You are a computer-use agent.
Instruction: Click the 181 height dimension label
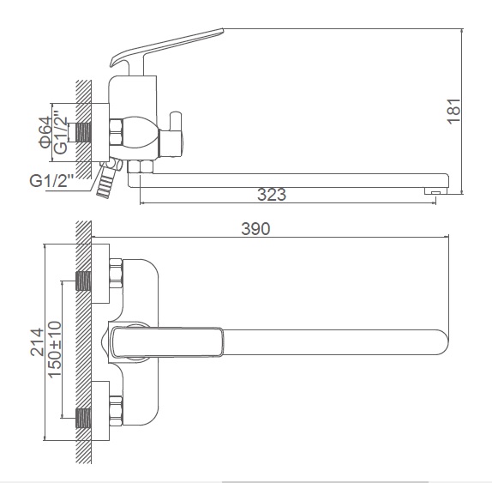pyautogui.click(x=454, y=112)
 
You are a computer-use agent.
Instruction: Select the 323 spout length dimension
pyautogui.click(x=272, y=195)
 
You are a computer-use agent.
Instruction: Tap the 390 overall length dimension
pyautogui.click(x=255, y=228)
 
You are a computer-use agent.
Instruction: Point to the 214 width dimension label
pyautogui.click(x=37, y=342)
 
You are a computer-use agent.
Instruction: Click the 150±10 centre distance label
pyautogui.click(x=55, y=349)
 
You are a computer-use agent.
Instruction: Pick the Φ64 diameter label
pyautogui.click(x=45, y=132)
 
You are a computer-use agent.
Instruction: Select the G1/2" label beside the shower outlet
pyautogui.click(x=51, y=180)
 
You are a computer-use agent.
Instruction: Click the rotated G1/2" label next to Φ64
pyautogui.click(x=60, y=132)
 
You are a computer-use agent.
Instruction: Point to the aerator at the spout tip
pyautogui.click(x=435, y=190)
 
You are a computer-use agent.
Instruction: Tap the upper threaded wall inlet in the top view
pyautogui.click(x=83, y=281)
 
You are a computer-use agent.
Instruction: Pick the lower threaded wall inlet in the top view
pyautogui.click(x=83, y=419)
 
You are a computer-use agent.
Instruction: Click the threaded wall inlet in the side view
pyautogui.click(x=83, y=132)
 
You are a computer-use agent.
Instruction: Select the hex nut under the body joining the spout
pyautogui.click(x=141, y=166)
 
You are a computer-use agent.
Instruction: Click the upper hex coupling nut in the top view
pyautogui.click(x=116, y=273)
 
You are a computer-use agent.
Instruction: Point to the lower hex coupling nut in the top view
pyautogui.click(x=116, y=411)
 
